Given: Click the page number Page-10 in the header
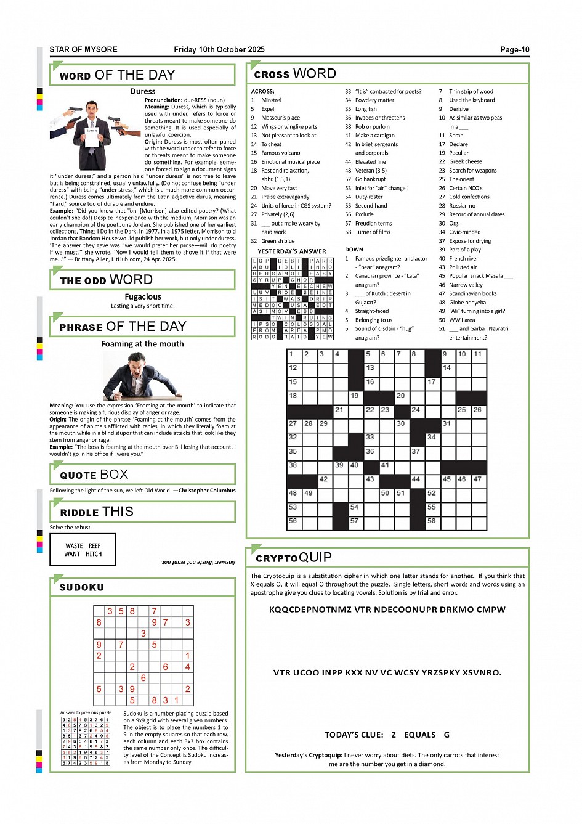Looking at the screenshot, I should pyautogui.click(x=514, y=50).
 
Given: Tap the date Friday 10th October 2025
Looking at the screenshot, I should pyautogui.click(x=219, y=50).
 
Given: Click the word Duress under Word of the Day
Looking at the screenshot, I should pyautogui.click(x=142, y=91).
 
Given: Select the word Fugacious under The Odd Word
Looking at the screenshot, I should pyautogui.click(x=142, y=296).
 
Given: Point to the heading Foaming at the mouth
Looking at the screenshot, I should pyautogui.click(x=142, y=344).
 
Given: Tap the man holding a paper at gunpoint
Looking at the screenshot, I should pyautogui.click(x=92, y=126).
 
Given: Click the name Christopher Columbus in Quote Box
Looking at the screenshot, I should pyautogui.click(x=207, y=491).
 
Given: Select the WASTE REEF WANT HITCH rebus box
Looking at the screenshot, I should pyautogui.click(x=83, y=550).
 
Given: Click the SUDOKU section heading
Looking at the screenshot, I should pyautogui.click(x=81, y=588).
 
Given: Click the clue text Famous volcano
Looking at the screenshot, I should pyautogui.click(x=280, y=153).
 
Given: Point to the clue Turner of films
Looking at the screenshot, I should pyautogui.click(x=373, y=232).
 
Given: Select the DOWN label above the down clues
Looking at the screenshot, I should pyautogui.click(x=354, y=250).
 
